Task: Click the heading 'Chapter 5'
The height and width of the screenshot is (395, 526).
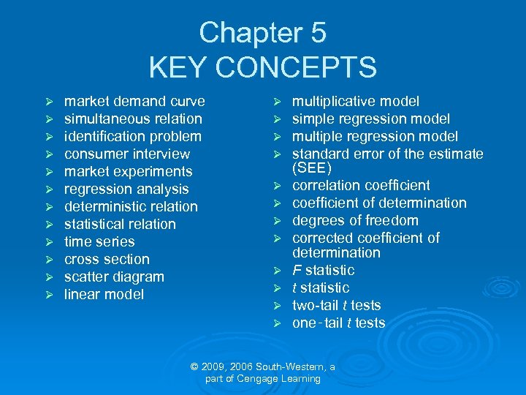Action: (262, 33)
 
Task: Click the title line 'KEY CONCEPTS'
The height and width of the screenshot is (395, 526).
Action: (262, 67)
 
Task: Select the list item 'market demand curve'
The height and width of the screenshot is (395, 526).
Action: (134, 102)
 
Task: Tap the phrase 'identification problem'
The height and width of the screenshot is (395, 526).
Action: (132, 137)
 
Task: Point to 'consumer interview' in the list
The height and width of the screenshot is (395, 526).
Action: (126, 154)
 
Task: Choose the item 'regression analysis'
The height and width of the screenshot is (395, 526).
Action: (126, 189)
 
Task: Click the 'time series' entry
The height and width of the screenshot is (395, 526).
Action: (99, 242)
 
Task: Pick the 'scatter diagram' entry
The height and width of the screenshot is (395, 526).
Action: (114, 277)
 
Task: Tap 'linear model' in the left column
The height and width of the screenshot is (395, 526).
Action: (104, 295)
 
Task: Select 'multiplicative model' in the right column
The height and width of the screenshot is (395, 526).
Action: (356, 102)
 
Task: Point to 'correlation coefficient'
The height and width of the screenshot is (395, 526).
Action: (361, 186)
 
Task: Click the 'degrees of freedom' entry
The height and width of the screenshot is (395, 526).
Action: (355, 221)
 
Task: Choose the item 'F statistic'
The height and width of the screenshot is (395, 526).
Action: (323, 271)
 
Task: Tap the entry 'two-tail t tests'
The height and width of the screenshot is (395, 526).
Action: (336, 306)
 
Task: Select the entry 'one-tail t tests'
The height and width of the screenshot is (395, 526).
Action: (338, 323)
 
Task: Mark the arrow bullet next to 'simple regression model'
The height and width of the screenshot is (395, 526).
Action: (277, 119)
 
